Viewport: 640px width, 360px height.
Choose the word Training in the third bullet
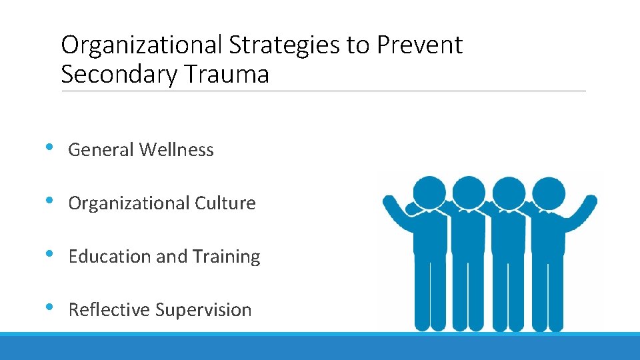227,257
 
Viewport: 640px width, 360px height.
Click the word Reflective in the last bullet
109,310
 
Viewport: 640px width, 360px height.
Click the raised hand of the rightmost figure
589,201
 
